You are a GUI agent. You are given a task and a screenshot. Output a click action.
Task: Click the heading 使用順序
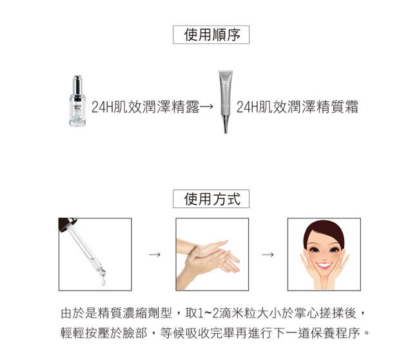point(212,35)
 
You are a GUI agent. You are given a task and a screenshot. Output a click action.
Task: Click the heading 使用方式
point(212,199)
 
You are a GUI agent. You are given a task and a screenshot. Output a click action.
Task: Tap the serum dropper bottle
point(77,101)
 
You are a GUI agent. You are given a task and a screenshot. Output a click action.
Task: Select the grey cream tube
point(226,102)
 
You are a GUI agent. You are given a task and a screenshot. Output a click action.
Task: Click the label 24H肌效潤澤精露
point(146,107)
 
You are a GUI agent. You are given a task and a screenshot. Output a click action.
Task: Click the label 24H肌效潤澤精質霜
point(297,107)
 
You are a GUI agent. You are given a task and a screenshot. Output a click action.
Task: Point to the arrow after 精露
point(206,107)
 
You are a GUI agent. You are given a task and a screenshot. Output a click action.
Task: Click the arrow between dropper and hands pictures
point(155,254)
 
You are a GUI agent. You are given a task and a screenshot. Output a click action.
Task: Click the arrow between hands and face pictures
point(268,254)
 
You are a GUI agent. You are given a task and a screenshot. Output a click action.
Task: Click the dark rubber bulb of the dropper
point(66,223)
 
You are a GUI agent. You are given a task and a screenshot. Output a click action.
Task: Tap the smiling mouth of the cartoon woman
point(324,266)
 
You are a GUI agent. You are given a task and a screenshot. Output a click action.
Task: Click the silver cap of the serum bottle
point(77,85)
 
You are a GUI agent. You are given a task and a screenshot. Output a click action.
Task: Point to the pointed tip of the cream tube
point(226,133)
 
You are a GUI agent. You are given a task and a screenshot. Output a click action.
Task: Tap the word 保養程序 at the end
point(335,333)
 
